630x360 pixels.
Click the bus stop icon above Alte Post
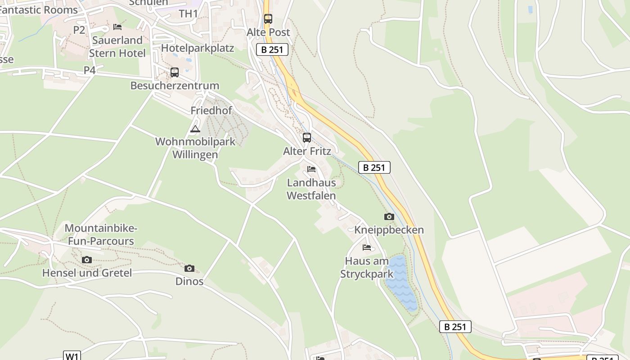tap(268, 19)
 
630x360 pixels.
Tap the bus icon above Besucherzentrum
tap(175, 72)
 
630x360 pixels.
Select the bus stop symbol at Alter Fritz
tap(307, 138)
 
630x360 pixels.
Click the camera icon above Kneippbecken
tap(389, 217)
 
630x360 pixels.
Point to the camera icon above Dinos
tap(189, 269)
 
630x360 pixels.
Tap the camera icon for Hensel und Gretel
tap(87, 260)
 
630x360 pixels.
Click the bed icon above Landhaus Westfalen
tap(311, 170)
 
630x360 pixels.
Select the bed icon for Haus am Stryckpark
tap(367, 247)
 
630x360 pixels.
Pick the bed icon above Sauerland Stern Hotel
tap(117, 27)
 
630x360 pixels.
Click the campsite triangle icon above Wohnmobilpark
tap(195, 130)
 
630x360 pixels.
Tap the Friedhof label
tap(211, 111)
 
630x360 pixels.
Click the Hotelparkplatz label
tap(198, 48)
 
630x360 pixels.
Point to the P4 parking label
tap(90, 70)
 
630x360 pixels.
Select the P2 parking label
tap(79, 30)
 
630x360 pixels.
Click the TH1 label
tap(189, 13)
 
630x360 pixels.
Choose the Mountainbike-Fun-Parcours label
tap(101, 234)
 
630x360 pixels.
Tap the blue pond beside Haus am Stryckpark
tap(401, 283)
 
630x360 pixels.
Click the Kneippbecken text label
tap(389, 230)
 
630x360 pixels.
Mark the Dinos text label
tap(189, 282)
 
